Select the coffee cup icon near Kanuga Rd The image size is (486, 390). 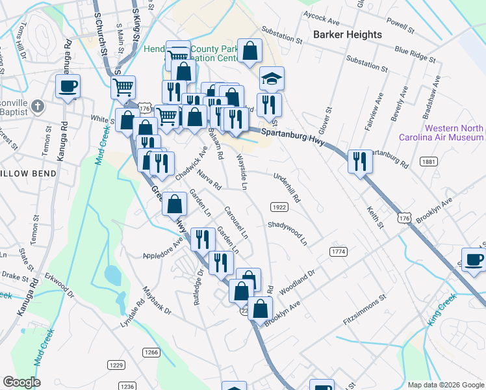tap(68, 86)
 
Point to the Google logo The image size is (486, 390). tap(21, 382)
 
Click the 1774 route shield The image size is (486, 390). tap(338, 252)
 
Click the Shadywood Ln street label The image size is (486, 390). tap(287, 232)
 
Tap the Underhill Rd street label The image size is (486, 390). tap(286, 187)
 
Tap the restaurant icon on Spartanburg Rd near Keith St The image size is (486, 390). tap(360, 161)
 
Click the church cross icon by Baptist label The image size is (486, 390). tap(38, 105)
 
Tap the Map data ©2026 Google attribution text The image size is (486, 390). tap(445, 385)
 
